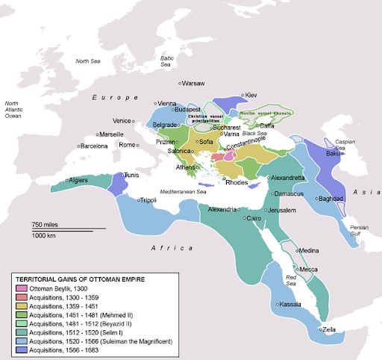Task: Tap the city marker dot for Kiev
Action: point(242,96)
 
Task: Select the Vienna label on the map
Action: point(168,103)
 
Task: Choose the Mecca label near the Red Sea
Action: point(310,269)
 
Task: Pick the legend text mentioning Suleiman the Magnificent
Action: point(100,340)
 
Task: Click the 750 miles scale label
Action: point(46,225)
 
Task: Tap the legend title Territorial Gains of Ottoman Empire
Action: point(81,279)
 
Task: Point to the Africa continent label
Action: point(168,247)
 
